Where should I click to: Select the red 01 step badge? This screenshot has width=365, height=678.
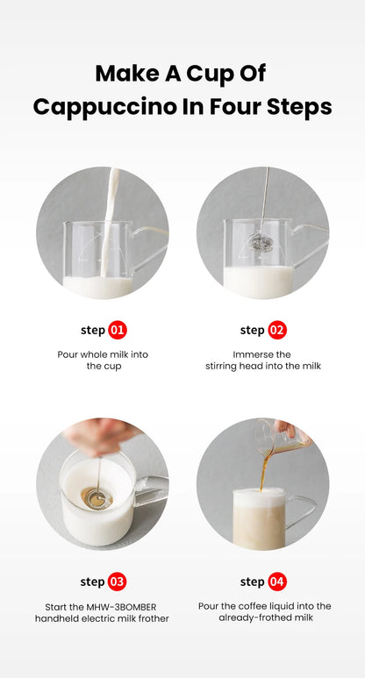click(x=118, y=331)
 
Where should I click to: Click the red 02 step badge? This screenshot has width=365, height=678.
click(x=277, y=331)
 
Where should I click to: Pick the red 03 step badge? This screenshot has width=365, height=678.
click(x=118, y=582)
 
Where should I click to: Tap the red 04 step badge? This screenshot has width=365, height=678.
click(x=277, y=582)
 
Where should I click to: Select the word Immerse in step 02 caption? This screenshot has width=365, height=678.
click(x=251, y=353)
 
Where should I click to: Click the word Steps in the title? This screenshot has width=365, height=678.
click(x=301, y=107)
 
